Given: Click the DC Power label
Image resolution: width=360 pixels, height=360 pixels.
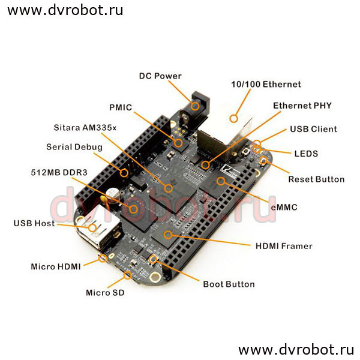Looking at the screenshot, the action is (x=160, y=76).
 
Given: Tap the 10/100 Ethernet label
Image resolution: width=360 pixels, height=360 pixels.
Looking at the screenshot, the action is (x=266, y=85).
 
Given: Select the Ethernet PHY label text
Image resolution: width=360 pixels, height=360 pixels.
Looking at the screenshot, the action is (x=302, y=106).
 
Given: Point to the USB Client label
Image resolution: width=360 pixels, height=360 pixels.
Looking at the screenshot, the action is (x=313, y=129).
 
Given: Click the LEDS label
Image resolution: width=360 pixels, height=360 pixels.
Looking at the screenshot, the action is (x=305, y=154).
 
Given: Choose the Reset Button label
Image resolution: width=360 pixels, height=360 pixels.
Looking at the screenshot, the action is (x=316, y=179).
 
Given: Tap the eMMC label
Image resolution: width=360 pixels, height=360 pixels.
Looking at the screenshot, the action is (x=284, y=208).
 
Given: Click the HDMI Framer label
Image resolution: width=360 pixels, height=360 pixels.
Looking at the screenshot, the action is (x=284, y=245).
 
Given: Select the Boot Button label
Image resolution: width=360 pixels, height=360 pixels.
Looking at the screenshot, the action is (x=229, y=284).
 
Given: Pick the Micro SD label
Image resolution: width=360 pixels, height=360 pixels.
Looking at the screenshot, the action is (x=106, y=293).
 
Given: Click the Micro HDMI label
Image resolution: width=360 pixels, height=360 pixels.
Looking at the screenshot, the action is (x=56, y=266).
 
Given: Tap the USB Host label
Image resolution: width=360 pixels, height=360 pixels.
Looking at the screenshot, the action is (x=34, y=223).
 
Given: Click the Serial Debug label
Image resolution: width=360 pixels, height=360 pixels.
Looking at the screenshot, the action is (x=74, y=147).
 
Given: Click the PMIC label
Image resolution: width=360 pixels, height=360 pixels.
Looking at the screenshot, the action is (x=120, y=108).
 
